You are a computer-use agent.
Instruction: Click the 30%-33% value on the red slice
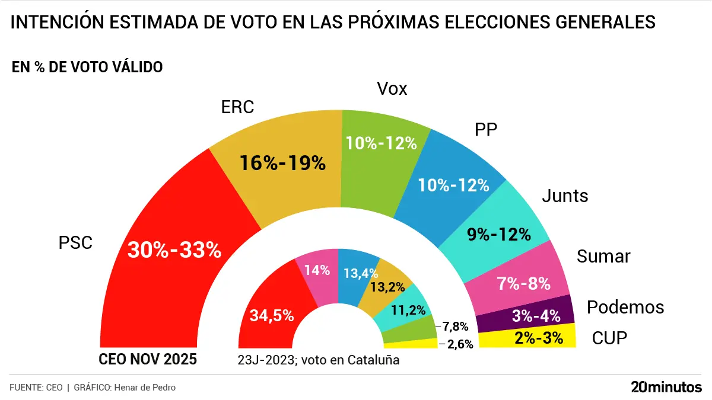point(174,250)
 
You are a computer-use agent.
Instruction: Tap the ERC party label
point(237,107)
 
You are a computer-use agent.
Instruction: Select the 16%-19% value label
point(282,163)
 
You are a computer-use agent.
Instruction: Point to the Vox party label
point(392,89)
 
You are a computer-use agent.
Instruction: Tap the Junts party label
point(565,196)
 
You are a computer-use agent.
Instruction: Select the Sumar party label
point(603,256)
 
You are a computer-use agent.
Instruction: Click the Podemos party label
point(625,308)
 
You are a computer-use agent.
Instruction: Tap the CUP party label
point(609,339)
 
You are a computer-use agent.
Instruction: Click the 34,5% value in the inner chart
point(271,316)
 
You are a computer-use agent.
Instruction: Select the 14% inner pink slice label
point(317,270)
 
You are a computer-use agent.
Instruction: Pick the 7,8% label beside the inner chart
point(456,326)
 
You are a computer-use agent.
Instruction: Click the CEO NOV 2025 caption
point(147,360)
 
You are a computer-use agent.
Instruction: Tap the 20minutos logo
point(666,388)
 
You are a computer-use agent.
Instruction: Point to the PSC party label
point(75,243)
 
